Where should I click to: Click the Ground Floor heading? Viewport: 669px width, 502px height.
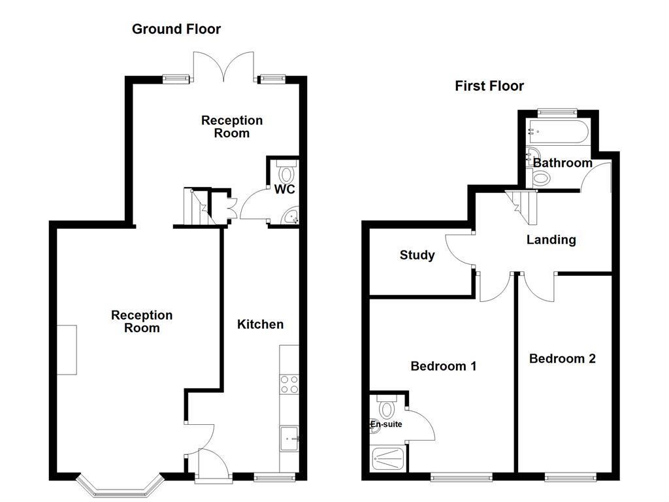[x=176, y=29]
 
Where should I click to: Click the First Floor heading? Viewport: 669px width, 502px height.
[x=489, y=86]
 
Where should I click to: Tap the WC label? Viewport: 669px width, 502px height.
[x=285, y=190]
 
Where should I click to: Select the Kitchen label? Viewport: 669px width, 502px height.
[x=260, y=324]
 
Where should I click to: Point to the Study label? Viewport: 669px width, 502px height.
[x=417, y=255]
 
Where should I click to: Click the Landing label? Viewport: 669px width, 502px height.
[x=551, y=240]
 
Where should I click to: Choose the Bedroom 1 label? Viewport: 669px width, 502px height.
[x=443, y=366]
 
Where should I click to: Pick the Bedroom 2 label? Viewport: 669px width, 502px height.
[x=562, y=358]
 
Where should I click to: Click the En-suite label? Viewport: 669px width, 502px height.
[x=386, y=424]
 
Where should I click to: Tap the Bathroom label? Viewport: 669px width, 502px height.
[x=563, y=163]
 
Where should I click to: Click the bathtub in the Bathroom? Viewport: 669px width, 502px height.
[x=558, y=133]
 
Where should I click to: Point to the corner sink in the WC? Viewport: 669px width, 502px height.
[x=290, y=216]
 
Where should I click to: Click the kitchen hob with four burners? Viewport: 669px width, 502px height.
[x=289, y=384]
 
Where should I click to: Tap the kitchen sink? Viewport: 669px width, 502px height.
[x=289, y=438]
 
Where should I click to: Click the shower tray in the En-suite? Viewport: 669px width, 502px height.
[x=389, y=460]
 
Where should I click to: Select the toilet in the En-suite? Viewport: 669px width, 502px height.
[x=387, y=408]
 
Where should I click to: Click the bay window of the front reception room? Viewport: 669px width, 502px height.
[x=119, y=487]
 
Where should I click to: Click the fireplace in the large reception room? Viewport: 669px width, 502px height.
[x=67, y=350]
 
